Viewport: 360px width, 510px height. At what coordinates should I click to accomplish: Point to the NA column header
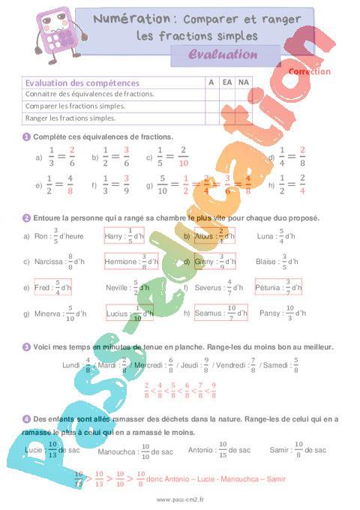(x=242, y=82)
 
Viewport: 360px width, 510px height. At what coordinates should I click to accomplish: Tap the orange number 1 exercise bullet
(x=26, y=136)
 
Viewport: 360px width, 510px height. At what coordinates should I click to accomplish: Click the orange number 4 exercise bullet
(x=26, y=418)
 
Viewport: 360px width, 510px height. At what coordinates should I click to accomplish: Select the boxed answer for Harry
(x=124, y=235)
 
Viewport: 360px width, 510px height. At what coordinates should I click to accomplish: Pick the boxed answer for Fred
(x=52, y=287)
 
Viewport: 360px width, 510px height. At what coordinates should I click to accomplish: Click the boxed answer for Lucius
(x=127, y=313)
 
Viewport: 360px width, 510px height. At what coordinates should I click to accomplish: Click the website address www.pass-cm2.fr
(x=180, y=499)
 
